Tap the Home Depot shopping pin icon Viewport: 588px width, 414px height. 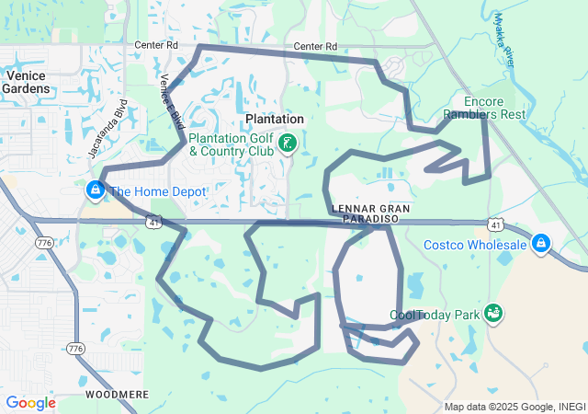tap(95, 190)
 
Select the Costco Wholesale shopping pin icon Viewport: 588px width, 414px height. tap(542, 243)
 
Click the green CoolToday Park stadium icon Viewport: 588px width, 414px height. tap(494, 314)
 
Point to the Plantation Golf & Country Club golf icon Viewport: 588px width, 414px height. tap(288, 143)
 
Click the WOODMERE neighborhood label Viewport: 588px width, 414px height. tap(117, 394)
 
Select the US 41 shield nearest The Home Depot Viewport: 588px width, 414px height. tap(153, 222)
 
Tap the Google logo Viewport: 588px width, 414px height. tap(30, 403)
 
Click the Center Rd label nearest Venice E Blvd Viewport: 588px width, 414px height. tap(155, 44)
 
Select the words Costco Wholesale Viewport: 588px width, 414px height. tap(475, 244)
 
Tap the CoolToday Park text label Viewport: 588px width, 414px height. tap(435, 315)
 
